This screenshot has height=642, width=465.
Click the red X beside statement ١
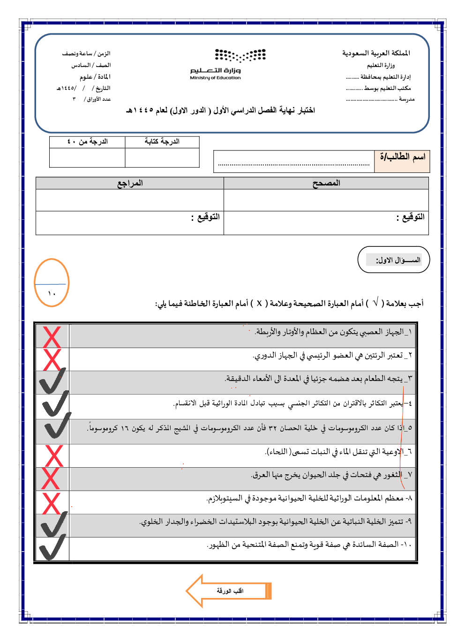pos(52,336)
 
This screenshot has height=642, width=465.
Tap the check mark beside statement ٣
pos(52,381)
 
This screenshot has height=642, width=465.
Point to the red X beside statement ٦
pos(53,455)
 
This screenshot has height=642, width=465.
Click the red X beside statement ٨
pos(52,503)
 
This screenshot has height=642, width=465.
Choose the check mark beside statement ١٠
pos(52,547)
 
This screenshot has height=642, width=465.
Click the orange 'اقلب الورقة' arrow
pos(228,590)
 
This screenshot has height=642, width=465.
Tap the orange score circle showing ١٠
pos(52,283)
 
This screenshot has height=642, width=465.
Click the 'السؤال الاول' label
pos(394,260)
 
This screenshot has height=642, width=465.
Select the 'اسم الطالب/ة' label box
pos(402,161)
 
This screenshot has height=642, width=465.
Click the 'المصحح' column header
pos(326,183)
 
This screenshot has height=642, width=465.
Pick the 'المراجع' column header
pos(130,183)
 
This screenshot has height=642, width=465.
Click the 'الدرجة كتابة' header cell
pos(162,142)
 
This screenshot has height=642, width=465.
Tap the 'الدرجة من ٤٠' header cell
pos(87,142)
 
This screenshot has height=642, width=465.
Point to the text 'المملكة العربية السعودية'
pos(376,53)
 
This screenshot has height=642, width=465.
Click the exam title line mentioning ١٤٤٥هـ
pos(220,111)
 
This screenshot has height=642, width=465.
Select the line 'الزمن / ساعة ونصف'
pos(86,53)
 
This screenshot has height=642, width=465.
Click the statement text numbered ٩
pos(276,522)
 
